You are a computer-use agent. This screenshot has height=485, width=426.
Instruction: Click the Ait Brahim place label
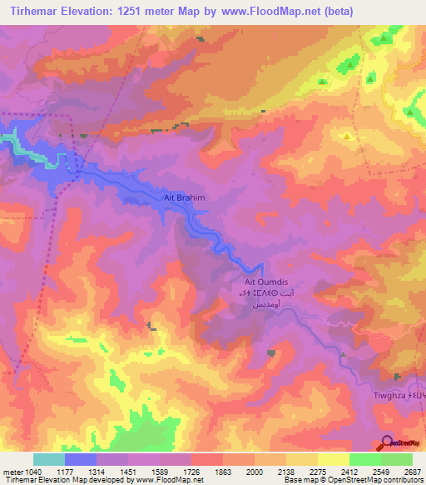point(183,198)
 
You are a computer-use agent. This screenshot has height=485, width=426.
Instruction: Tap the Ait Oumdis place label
point(265,282)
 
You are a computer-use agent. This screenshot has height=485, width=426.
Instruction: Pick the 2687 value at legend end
point(412,472)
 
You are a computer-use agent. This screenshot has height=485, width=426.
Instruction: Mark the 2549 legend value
point(382,472)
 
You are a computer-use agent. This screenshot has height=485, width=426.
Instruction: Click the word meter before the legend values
point(12,472)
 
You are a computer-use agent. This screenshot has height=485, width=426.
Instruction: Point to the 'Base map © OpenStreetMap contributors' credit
point(354,480)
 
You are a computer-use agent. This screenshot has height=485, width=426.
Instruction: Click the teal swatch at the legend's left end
point(48,459)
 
